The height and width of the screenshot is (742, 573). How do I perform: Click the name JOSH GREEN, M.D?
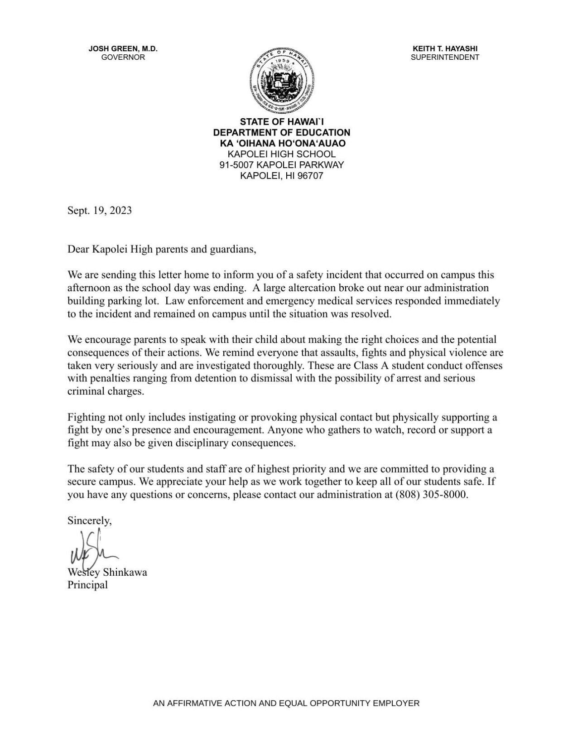coord(123,49)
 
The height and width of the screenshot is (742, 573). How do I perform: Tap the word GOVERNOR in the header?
coord(123,58)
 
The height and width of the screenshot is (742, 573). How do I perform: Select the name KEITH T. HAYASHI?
coord(445,49)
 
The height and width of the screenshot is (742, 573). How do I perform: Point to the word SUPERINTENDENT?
coord(445,58)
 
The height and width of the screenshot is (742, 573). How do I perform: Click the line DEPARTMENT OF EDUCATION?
coord(282,133)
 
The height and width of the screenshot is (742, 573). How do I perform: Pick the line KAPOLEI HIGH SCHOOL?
coord(282,154)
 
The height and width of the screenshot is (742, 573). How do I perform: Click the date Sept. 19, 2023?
coord(100,211)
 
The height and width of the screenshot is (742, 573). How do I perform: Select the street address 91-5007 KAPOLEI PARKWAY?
coord(282,165)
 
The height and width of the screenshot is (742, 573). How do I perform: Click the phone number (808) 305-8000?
coord(431,495)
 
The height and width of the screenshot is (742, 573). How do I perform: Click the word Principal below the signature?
coord(88,585)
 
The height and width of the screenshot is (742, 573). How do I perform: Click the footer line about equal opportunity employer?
coord(286,703)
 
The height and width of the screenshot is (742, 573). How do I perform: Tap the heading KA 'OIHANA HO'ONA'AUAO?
coord(282,144)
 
